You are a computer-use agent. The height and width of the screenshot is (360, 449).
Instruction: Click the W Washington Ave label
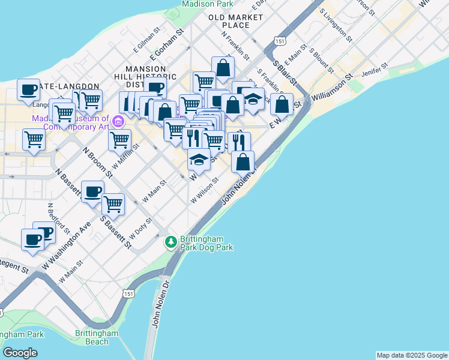66,245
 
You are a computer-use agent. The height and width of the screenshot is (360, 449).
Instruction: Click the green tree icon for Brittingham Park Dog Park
171,242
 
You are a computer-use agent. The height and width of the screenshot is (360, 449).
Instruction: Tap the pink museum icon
118,122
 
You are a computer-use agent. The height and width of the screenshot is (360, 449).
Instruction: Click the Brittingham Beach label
92,337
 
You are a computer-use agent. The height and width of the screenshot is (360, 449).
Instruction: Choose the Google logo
20,353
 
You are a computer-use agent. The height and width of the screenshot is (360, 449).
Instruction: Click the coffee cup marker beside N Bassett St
92,192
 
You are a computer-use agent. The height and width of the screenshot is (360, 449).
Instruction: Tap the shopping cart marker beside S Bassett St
113,204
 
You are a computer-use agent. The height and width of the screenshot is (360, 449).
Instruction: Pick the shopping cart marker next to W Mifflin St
119,140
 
